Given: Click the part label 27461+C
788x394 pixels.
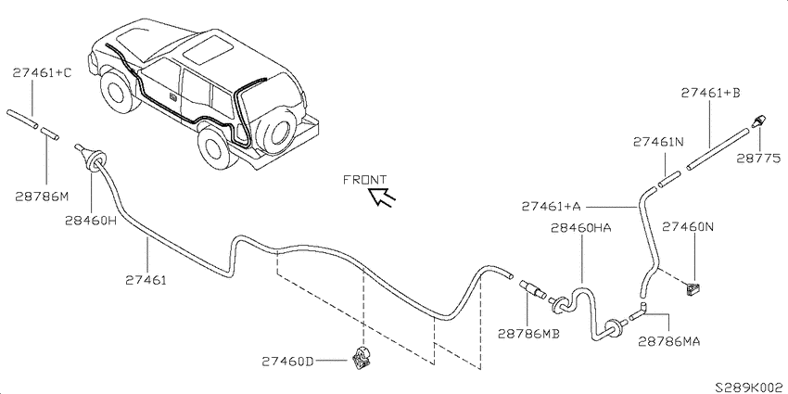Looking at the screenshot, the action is click(x=42, y=73).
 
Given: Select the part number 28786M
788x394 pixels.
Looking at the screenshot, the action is click(x=41, y=197).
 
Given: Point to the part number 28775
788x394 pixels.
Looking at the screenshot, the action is click(x=759, y=159).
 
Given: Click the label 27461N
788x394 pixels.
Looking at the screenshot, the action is click(x=658, y=142).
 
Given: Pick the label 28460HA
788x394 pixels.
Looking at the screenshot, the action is click(x=581, y=228).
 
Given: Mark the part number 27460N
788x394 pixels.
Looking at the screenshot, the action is click(x=688, y=226).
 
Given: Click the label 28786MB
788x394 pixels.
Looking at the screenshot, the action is click(x=528, y=334).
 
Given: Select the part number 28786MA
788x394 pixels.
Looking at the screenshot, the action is click(x=669, y=341).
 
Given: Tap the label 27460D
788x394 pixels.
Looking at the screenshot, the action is click(x=288, y=362).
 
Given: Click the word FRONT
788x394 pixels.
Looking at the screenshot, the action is click(x=365, y=180).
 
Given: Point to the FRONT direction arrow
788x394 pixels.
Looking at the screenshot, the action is click(x=382, y=196).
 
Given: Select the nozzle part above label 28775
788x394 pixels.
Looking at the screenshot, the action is click(x=759, y=121).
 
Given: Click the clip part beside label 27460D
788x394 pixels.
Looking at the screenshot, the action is click(x=360, y=358).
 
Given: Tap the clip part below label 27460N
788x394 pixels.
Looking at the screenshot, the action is click(x=693, y=288).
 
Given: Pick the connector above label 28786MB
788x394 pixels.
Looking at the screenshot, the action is click(x=533, y=288).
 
